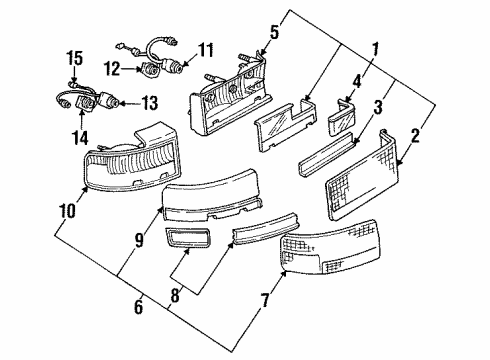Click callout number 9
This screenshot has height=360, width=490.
(139, 239)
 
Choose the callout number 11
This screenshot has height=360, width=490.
(205, 49)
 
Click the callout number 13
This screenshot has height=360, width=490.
(151, 103)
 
